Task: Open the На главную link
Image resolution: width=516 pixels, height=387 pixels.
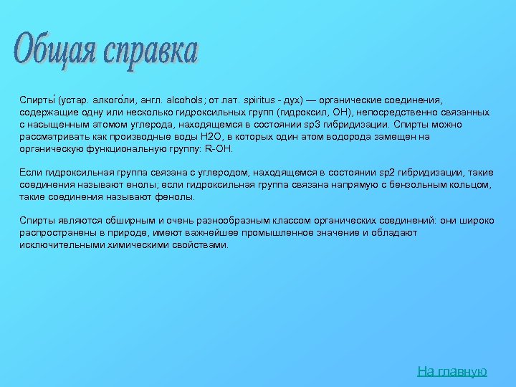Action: coord(452,371)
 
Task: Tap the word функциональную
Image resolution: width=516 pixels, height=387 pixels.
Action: coord(129,149)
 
